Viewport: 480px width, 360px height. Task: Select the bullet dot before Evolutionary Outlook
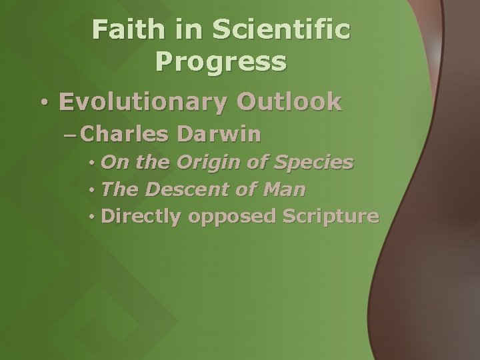43,103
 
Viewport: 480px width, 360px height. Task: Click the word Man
283,190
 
